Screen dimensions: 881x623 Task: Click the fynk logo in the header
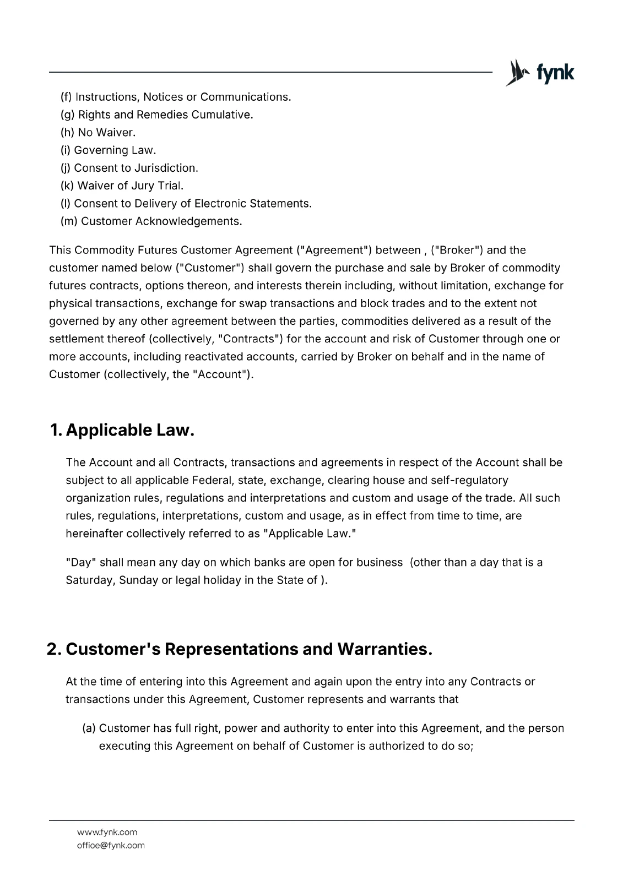click(540, 73)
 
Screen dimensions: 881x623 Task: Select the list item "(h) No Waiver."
click(98, 133)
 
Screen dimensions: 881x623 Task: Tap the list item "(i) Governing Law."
click(109, 150)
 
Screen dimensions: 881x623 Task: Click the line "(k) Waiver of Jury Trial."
click(122, 186)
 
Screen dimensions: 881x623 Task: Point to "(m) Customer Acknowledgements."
click(151, 221)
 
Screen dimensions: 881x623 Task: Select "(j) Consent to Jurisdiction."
click(129, 168)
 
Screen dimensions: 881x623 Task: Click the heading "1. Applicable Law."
click(122, 430)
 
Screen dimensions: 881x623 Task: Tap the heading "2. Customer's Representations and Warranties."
click(240, 649)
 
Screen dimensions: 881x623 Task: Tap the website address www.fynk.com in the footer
click(107, 833)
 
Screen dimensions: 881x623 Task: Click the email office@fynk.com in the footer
click(111, 846)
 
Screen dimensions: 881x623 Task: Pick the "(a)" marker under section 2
click(89, 728)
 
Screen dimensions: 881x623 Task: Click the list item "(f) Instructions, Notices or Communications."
click(176, 97)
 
